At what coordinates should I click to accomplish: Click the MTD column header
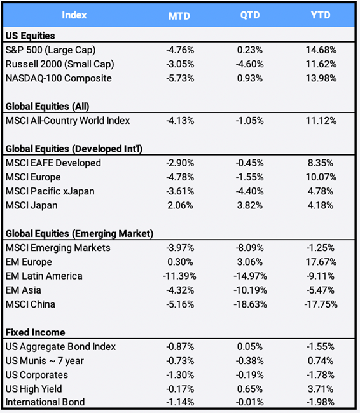pos(179,16)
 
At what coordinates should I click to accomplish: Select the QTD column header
pos(250,15)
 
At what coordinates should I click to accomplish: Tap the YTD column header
pos(321,15)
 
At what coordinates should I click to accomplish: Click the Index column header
pos(74,15)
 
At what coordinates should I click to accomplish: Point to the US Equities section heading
pos(31,36)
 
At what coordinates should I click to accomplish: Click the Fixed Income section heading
pos(36,332)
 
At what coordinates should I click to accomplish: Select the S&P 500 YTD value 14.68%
pos(321,50)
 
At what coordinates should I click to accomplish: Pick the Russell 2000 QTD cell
pos(250,64)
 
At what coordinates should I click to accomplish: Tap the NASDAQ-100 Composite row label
pos(59,78)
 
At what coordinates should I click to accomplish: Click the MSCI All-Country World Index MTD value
pos(180,121)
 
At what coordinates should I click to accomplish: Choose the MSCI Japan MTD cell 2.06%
pos(180,205)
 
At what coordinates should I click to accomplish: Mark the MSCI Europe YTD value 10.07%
pos(321,177)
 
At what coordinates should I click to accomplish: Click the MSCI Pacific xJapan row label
pos(50,191)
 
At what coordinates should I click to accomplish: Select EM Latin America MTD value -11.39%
pos(179,276)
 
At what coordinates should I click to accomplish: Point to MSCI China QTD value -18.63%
pos(250,304)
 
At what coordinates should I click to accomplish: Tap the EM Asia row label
pos(23,290)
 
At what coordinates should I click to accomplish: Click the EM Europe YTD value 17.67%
pos(321,262)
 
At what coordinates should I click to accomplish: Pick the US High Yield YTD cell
pos(321,389)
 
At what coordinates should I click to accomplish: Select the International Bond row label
pos(45,402)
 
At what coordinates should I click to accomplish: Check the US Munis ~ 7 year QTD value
pos(250,361)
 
